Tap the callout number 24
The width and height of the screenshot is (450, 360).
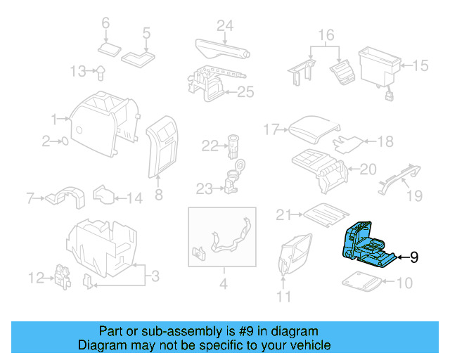tap(224, 26)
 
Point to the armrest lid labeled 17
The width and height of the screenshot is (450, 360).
tap(313, 129)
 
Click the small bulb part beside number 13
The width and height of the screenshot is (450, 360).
tap(101, 70)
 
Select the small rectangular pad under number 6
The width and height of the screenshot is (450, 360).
tap(110, 49)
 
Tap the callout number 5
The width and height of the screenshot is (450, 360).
tap(146, 32)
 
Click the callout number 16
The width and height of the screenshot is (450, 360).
tap(326, 34)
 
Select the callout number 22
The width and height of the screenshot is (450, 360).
tap(210, 146)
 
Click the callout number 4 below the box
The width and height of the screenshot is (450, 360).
tap(223, 285)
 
